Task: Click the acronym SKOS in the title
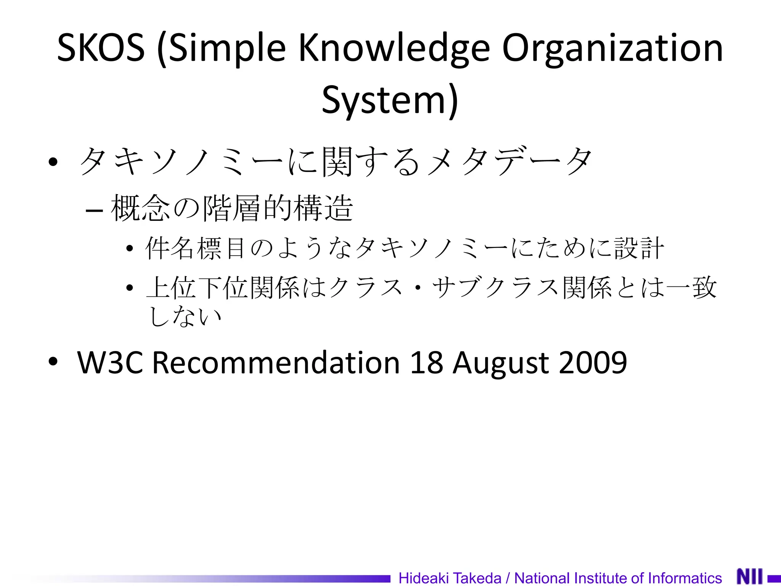101,48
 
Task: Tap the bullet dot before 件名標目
130,249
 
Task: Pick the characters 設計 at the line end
639,248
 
